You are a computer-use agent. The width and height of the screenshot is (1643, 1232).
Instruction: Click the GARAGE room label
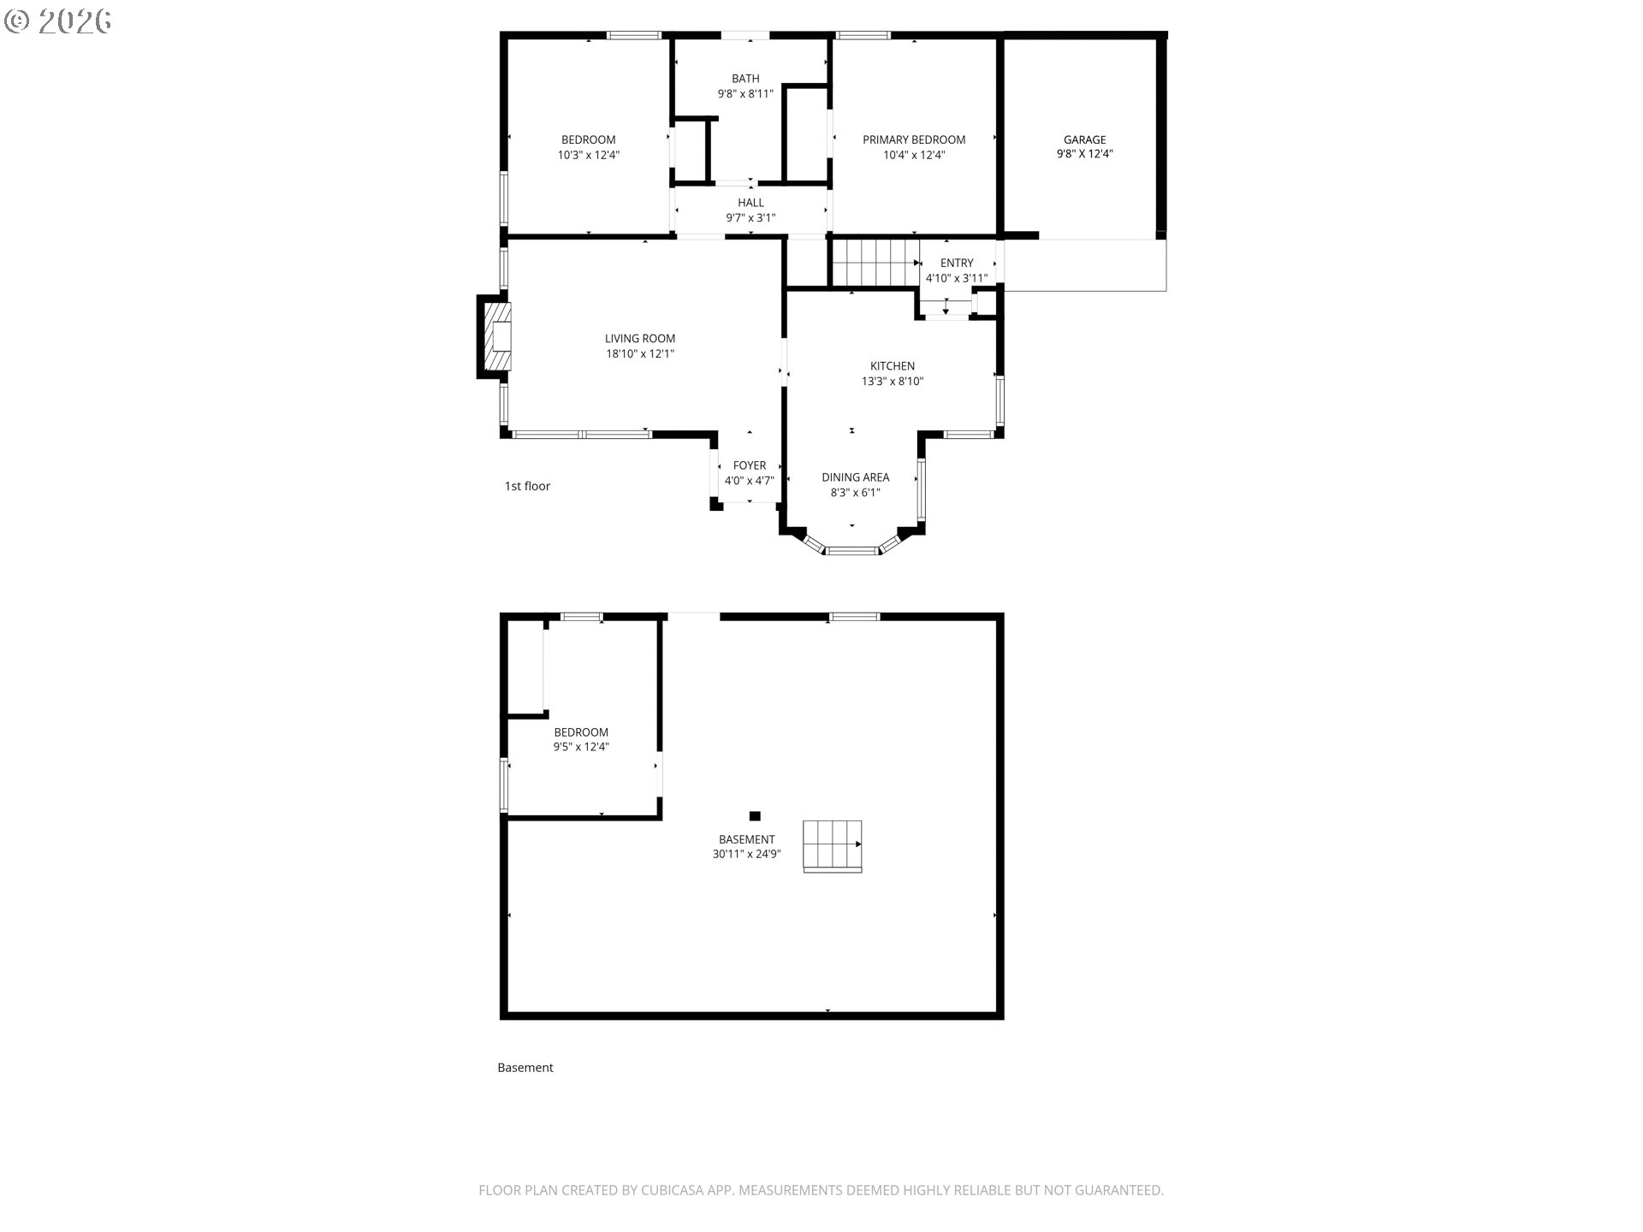tap(1084, 139)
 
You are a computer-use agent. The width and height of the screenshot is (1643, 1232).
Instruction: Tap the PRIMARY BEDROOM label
tap(913, 139)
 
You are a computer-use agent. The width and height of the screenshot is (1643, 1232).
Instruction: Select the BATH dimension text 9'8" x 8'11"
tap(745, 94)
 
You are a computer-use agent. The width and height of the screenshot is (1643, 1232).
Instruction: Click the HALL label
tap(750, 203)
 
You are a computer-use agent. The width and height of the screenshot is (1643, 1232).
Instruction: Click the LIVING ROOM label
tap(640, 339)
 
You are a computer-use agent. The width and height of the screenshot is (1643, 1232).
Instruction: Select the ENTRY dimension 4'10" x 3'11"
tap(956, 278)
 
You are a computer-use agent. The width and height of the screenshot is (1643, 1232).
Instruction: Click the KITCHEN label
tap(893, 366)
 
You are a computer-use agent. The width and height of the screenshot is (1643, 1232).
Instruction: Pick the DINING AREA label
tap(855, 477)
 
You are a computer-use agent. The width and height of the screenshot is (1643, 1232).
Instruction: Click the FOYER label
tap(749, 465)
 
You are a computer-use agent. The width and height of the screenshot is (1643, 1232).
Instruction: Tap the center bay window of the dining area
tap(851, 550)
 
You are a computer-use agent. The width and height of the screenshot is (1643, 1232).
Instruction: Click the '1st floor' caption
tap(527, 486)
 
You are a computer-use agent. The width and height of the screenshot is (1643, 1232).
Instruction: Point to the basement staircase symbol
tap(832, 845)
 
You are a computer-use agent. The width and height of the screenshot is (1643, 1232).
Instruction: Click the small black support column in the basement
tap(755, 816)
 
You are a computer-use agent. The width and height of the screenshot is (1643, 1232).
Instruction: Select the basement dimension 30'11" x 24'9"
tap(746, 854)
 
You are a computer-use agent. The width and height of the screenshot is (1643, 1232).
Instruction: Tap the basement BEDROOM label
tap(581, 732)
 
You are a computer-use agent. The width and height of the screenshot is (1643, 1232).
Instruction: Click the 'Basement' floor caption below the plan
tap(525, 1068)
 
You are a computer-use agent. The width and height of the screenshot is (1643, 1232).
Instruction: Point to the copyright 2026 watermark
tap(58, 21)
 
